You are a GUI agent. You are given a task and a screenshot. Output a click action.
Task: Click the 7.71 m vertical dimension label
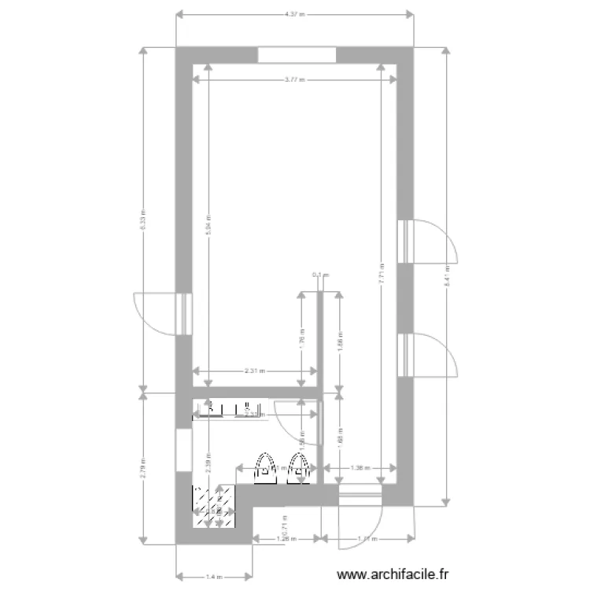(x=381, y=272)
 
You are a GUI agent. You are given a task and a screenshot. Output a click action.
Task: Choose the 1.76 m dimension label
(x=301, y=337)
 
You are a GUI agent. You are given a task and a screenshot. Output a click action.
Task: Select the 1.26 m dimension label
(x=286, y=539)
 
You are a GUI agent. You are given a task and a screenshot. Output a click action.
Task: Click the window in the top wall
(x=297, y=55)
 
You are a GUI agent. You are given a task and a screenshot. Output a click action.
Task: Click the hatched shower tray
(x=213, y=507)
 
